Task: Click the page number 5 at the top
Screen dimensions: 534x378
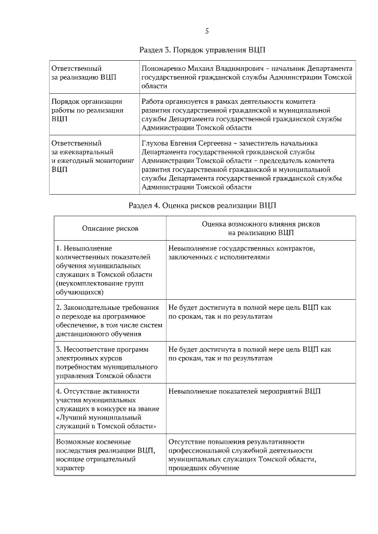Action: point(207,31)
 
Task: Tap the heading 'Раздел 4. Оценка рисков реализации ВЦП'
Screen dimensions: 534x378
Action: point(203,205)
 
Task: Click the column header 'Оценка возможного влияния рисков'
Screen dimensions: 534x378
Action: point(261,224)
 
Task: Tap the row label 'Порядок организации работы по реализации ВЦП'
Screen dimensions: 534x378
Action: point(87,110)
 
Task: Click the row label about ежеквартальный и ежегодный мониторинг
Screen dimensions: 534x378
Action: point(89,156)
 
